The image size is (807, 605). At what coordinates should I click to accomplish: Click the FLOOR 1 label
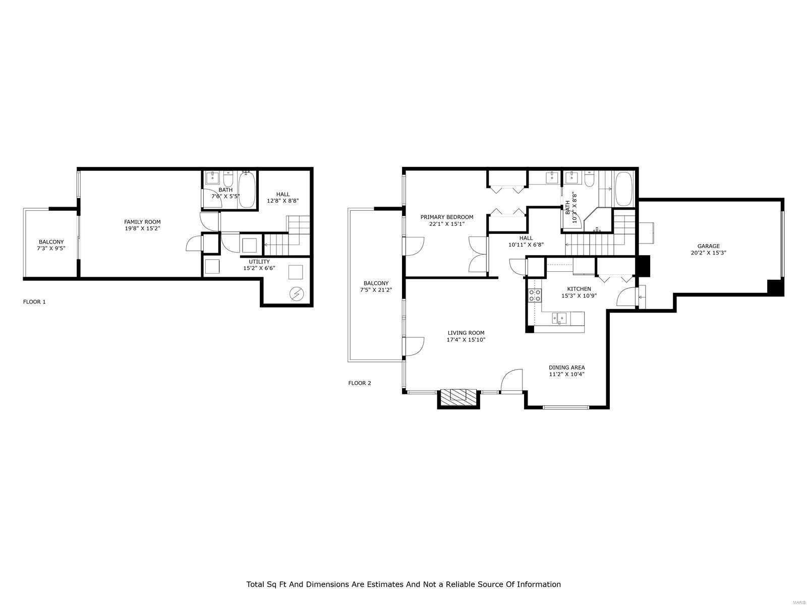coord(34,301)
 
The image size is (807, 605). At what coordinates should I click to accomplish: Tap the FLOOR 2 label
coord(359,383)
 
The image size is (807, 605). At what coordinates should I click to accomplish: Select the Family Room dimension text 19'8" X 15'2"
coord(142,228)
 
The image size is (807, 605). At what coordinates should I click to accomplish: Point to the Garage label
coord(708,246)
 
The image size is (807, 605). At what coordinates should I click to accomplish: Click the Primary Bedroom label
coord(447,217)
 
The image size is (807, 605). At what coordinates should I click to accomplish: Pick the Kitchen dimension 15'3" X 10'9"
coord(579,295)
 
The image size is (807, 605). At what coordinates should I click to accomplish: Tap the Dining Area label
coord(566,368)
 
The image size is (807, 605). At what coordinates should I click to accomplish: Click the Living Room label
coord(466,333)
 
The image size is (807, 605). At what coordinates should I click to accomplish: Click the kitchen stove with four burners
coord(535,295)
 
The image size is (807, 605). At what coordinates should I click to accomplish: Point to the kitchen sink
coord(559,318)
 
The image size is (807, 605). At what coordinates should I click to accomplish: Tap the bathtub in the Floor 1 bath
coord(247,190)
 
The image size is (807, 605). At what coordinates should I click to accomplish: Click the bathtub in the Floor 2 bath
coord(624,189)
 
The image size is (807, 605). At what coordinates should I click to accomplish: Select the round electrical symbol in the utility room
coord(297,294)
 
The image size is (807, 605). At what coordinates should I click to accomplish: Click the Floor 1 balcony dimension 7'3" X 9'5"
coord(51,249)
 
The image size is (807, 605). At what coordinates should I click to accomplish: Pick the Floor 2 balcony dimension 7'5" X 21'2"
coord(376,290)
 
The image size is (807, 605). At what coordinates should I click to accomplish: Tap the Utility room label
coord(259,262)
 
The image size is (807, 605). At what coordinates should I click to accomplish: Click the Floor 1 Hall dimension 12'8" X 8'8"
coord(283,201)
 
